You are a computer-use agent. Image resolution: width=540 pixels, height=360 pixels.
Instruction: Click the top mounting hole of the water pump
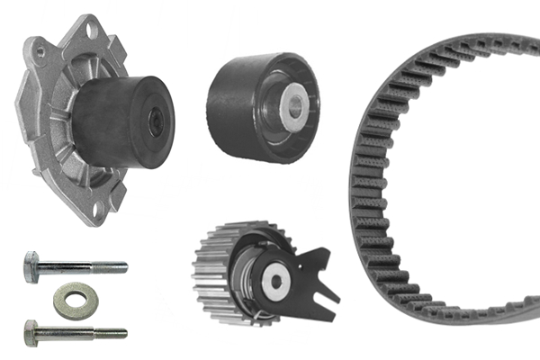(x=88, y=29)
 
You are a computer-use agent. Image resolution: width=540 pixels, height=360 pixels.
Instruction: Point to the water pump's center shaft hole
(x=156, y=122)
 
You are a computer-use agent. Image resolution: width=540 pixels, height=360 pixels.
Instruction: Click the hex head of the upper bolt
(x=31, y=266)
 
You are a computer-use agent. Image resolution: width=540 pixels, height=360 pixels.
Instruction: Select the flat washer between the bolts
(x=75, y=300)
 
